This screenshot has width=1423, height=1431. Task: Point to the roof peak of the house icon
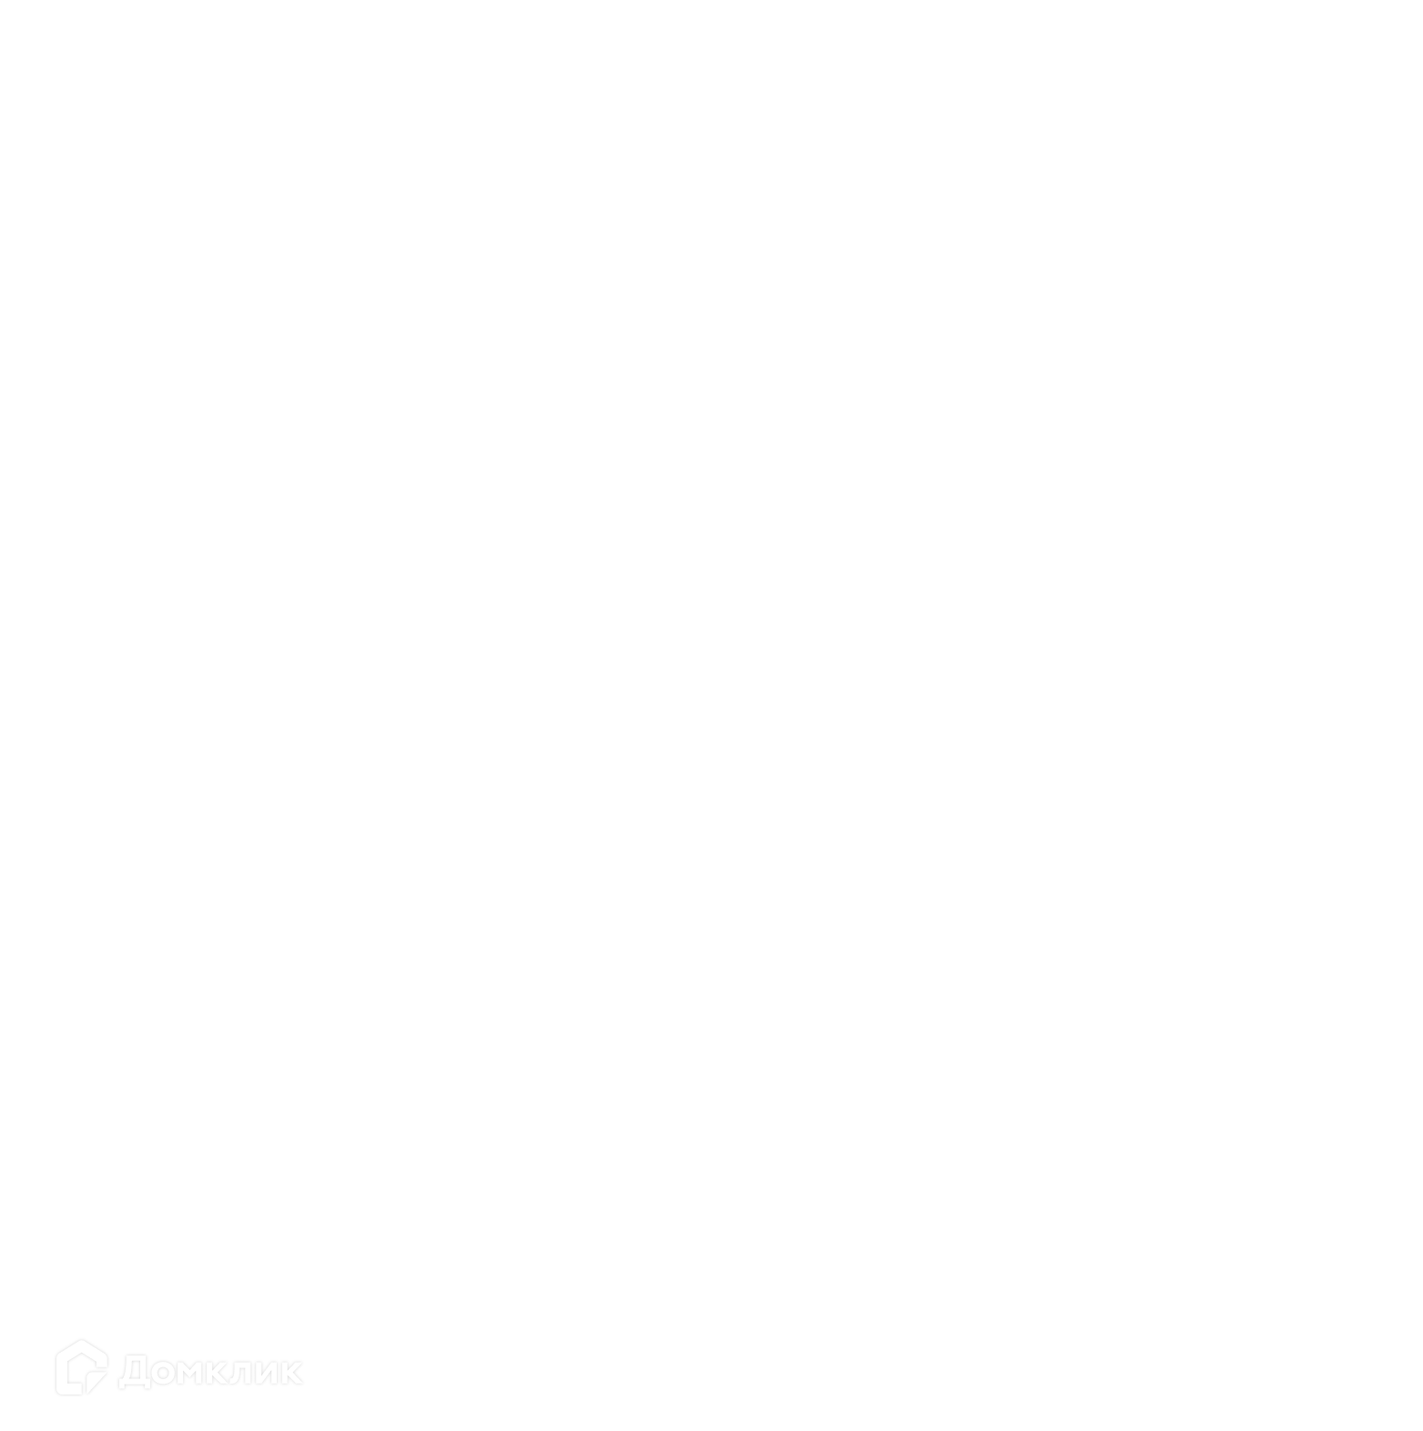[81, 1340]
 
